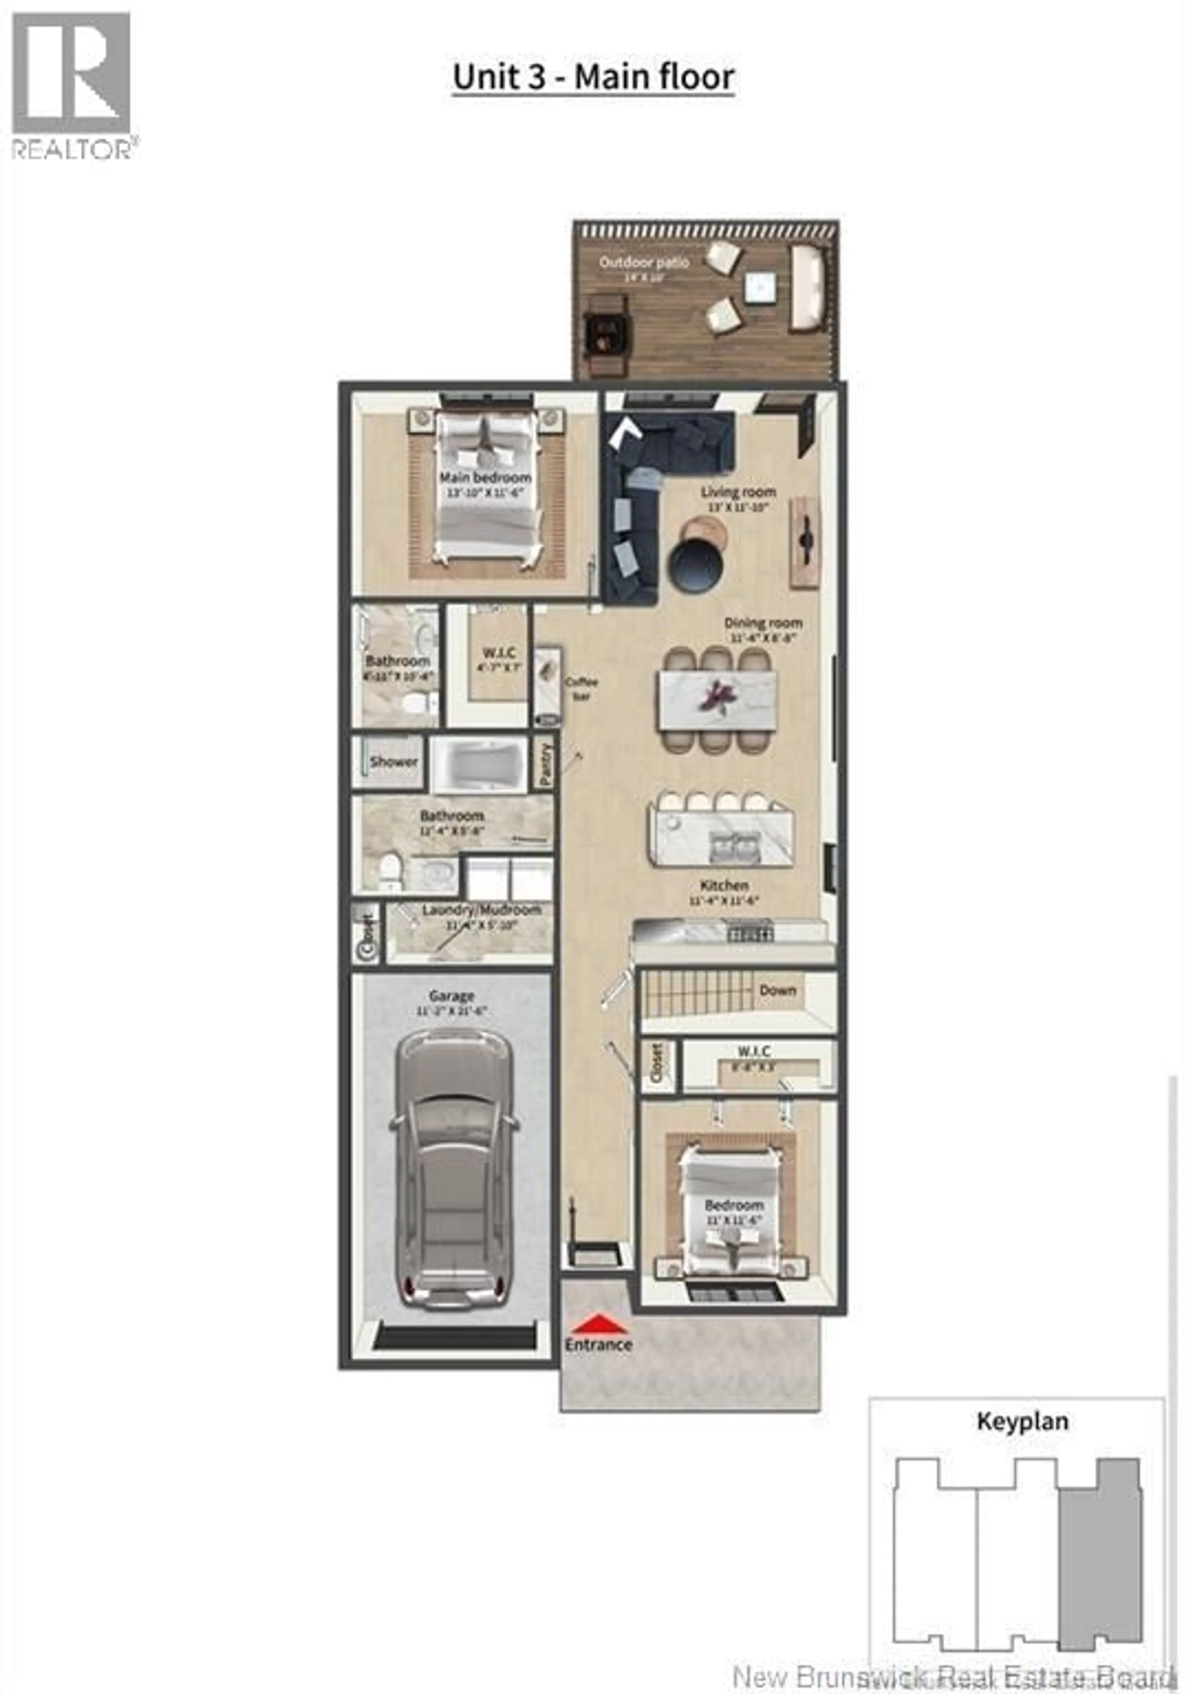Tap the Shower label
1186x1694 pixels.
click(393, 761)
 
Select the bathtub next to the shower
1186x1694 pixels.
click(478, 764)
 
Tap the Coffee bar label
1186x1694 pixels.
click(581, 688)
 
